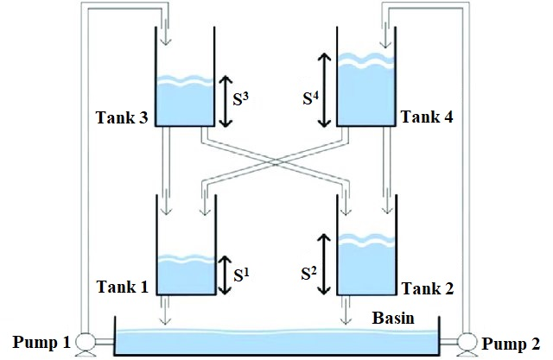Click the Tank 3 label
coord(121,118)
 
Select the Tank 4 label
coord(426,118)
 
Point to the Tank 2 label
coord(426,285)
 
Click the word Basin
coord(392,319)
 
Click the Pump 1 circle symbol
coord(85,343)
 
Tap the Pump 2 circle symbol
coord(467,343)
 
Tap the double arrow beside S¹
coord(226,274)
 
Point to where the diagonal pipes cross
coord(274,161)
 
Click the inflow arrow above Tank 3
coord(166,35)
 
